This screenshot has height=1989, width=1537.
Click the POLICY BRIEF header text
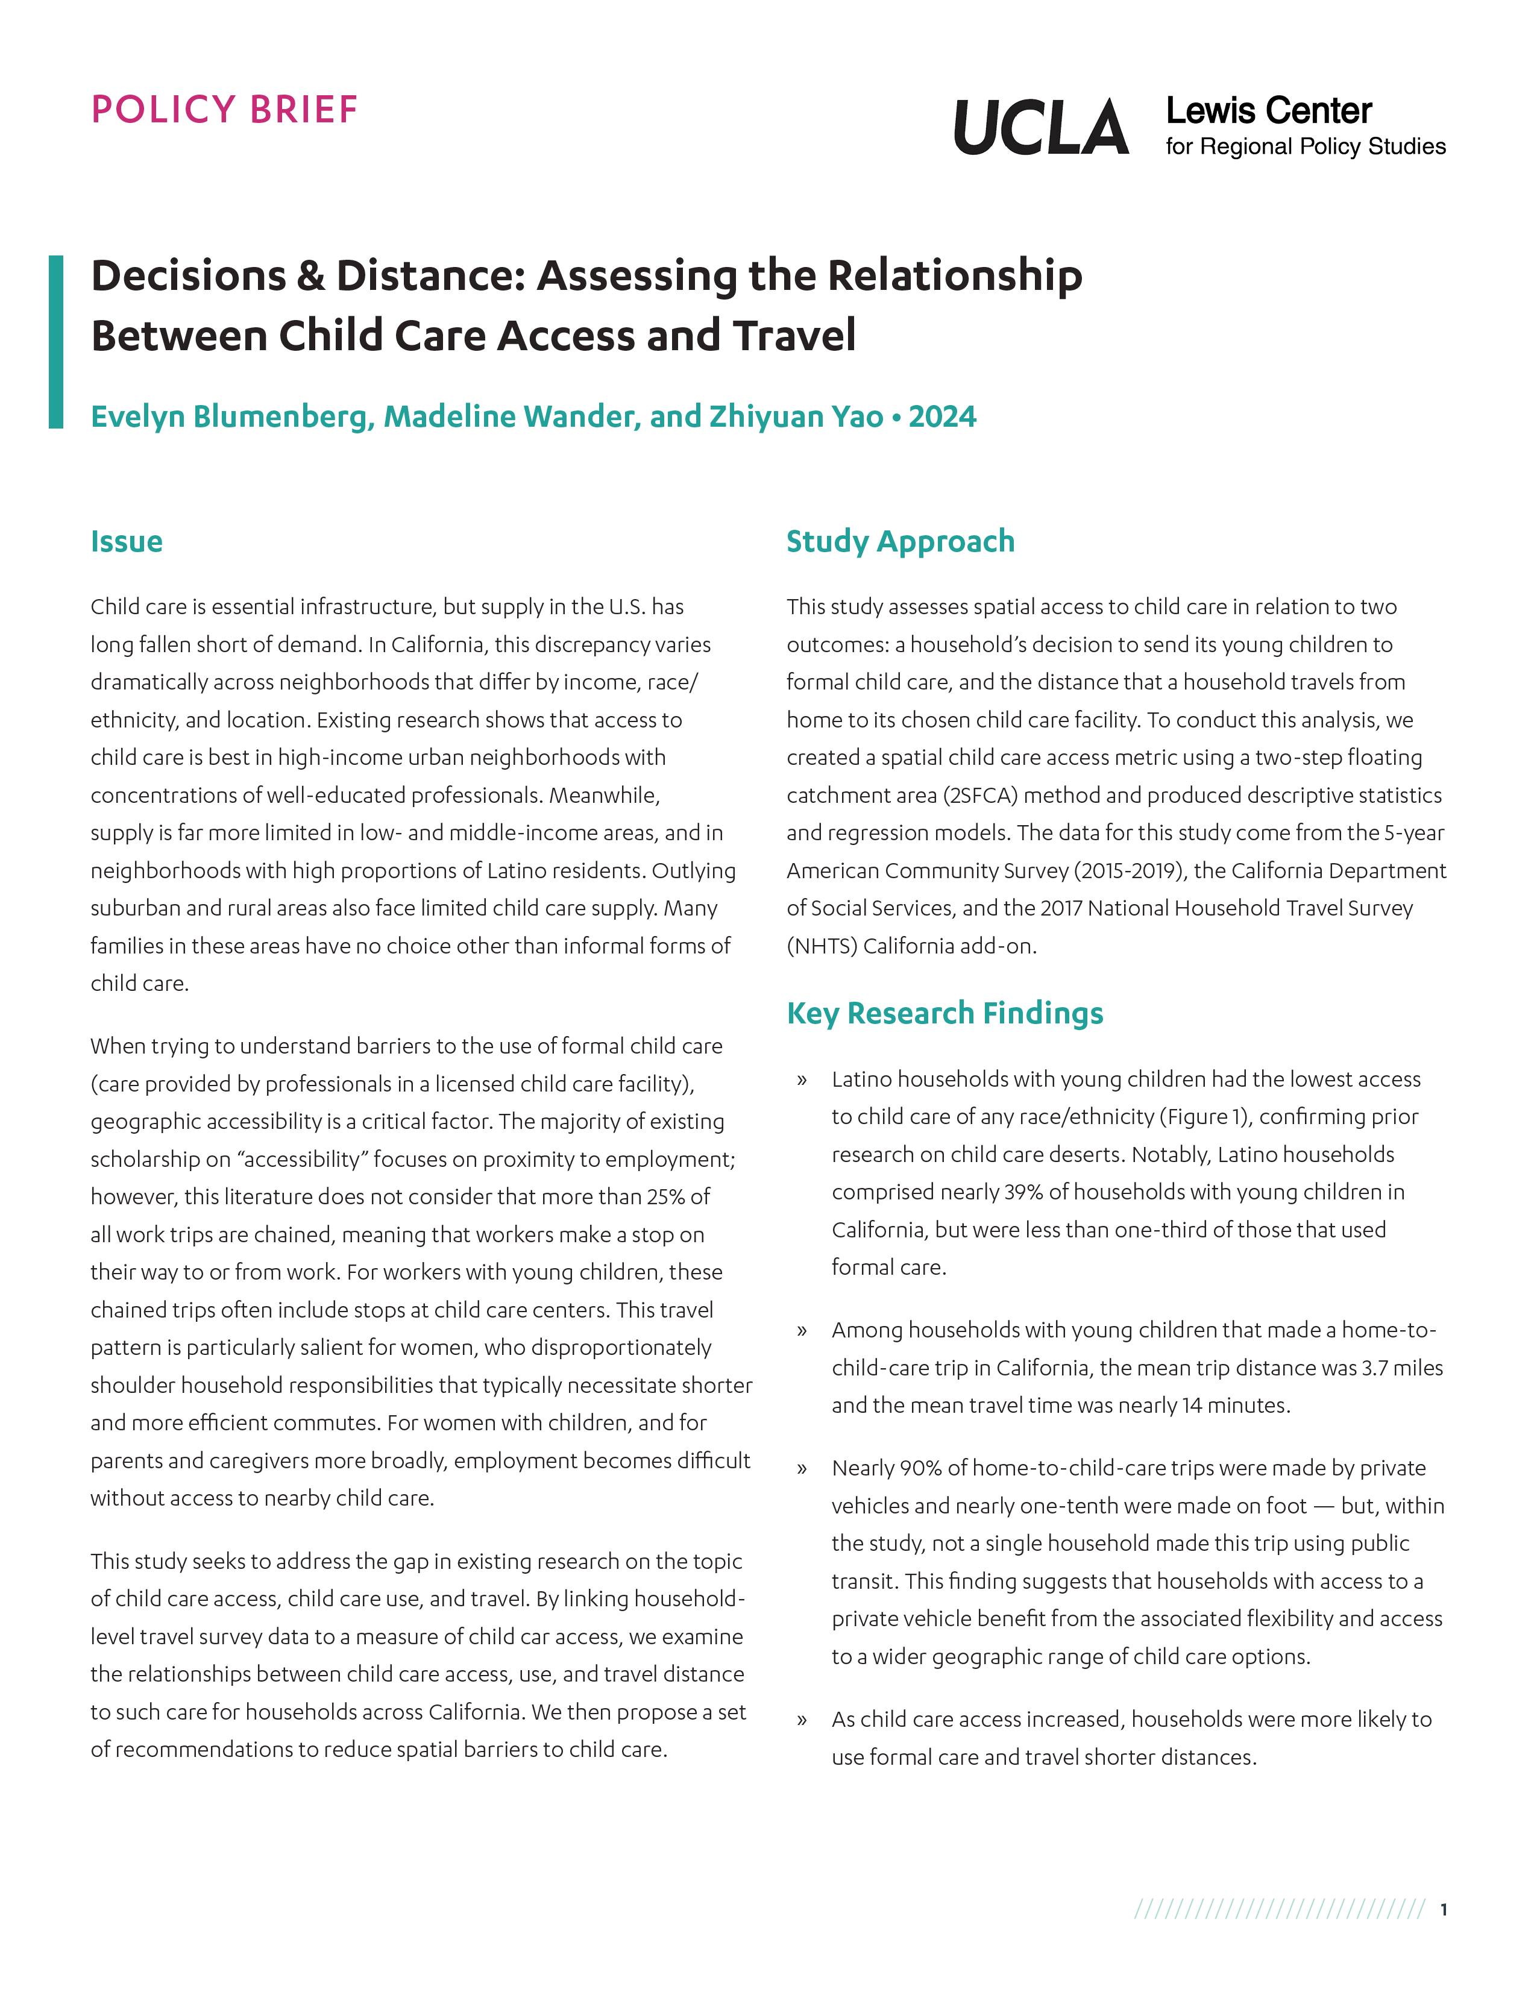tap(224, 110)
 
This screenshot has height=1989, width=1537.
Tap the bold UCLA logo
tap(1041, 128)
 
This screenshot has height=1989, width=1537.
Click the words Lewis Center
tap(1268, 111)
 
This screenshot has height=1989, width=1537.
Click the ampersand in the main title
tap(310, 276)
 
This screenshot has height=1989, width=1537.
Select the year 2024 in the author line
tap(943, 417)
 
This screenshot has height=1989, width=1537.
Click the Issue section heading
tap(127, 542)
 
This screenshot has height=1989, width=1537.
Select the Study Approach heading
tap(900, 542)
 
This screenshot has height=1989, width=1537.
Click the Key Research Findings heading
tap(945, 1014)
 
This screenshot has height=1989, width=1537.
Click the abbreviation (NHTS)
tap(822, 946)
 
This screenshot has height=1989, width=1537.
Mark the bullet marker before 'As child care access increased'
tap(801, 1720)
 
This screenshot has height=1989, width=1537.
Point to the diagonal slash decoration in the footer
tap(1279, 1910)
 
